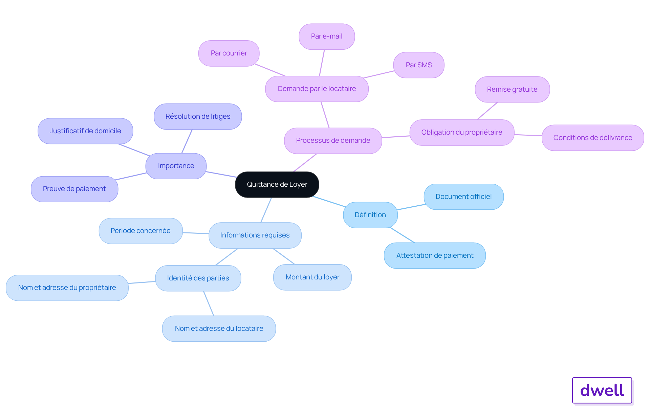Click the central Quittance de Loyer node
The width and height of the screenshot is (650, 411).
coord(277,184)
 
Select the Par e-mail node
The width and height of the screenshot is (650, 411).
coord(327,37)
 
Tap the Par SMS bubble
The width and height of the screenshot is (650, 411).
coord(418,65)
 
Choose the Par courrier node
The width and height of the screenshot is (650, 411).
coord(229,53)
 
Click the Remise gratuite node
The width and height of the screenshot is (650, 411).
coord(512,89)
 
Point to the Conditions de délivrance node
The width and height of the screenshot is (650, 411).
coord(592,138)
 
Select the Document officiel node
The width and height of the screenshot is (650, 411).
coord(463,197)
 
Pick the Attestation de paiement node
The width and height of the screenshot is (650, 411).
coord(435,255)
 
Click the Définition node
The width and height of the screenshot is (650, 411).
coord(370,215)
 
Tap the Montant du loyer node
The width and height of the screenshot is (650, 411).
coord(312,277)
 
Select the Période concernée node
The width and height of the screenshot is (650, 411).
coord(140,231)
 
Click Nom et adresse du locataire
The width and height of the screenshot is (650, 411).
coord(219,328)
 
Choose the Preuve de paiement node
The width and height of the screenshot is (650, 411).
coord(74,189)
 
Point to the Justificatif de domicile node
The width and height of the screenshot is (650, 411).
coord(85,131)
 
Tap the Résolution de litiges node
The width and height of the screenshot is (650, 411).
coord(198,116)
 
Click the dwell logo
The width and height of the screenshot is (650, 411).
coord(602,390)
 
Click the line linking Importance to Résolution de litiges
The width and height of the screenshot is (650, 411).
coord(187,141)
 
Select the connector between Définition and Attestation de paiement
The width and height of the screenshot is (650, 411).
coord(402,235)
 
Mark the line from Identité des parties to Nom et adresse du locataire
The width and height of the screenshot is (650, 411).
coord(209,303)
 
